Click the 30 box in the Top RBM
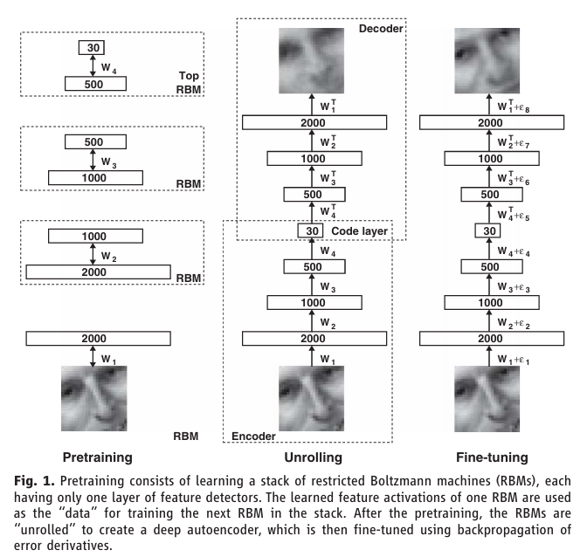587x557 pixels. coord(92,47)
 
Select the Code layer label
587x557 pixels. coord(359,231)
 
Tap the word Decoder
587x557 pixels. coord(381,29)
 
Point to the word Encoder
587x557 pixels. coord(253,437)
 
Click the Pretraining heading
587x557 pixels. coord(97,457)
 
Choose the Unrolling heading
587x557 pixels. coord(313,457)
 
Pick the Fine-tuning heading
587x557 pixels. coord(492,457)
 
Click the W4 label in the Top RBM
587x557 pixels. coord(108,68)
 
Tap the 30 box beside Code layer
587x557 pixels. coord(310,230)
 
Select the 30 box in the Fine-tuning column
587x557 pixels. coord(487,230)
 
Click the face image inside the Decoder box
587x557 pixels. coord(312,60)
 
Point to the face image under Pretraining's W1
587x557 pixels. coord(94,398)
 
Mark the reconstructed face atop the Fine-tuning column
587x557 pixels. coord(487,60)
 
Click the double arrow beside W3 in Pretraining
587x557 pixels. coord(93,160)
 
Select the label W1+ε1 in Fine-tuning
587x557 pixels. coord(514,360)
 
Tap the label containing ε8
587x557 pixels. coord(514,107)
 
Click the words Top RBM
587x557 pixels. coord(189,83)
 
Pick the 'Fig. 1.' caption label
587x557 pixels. coord(34,481)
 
